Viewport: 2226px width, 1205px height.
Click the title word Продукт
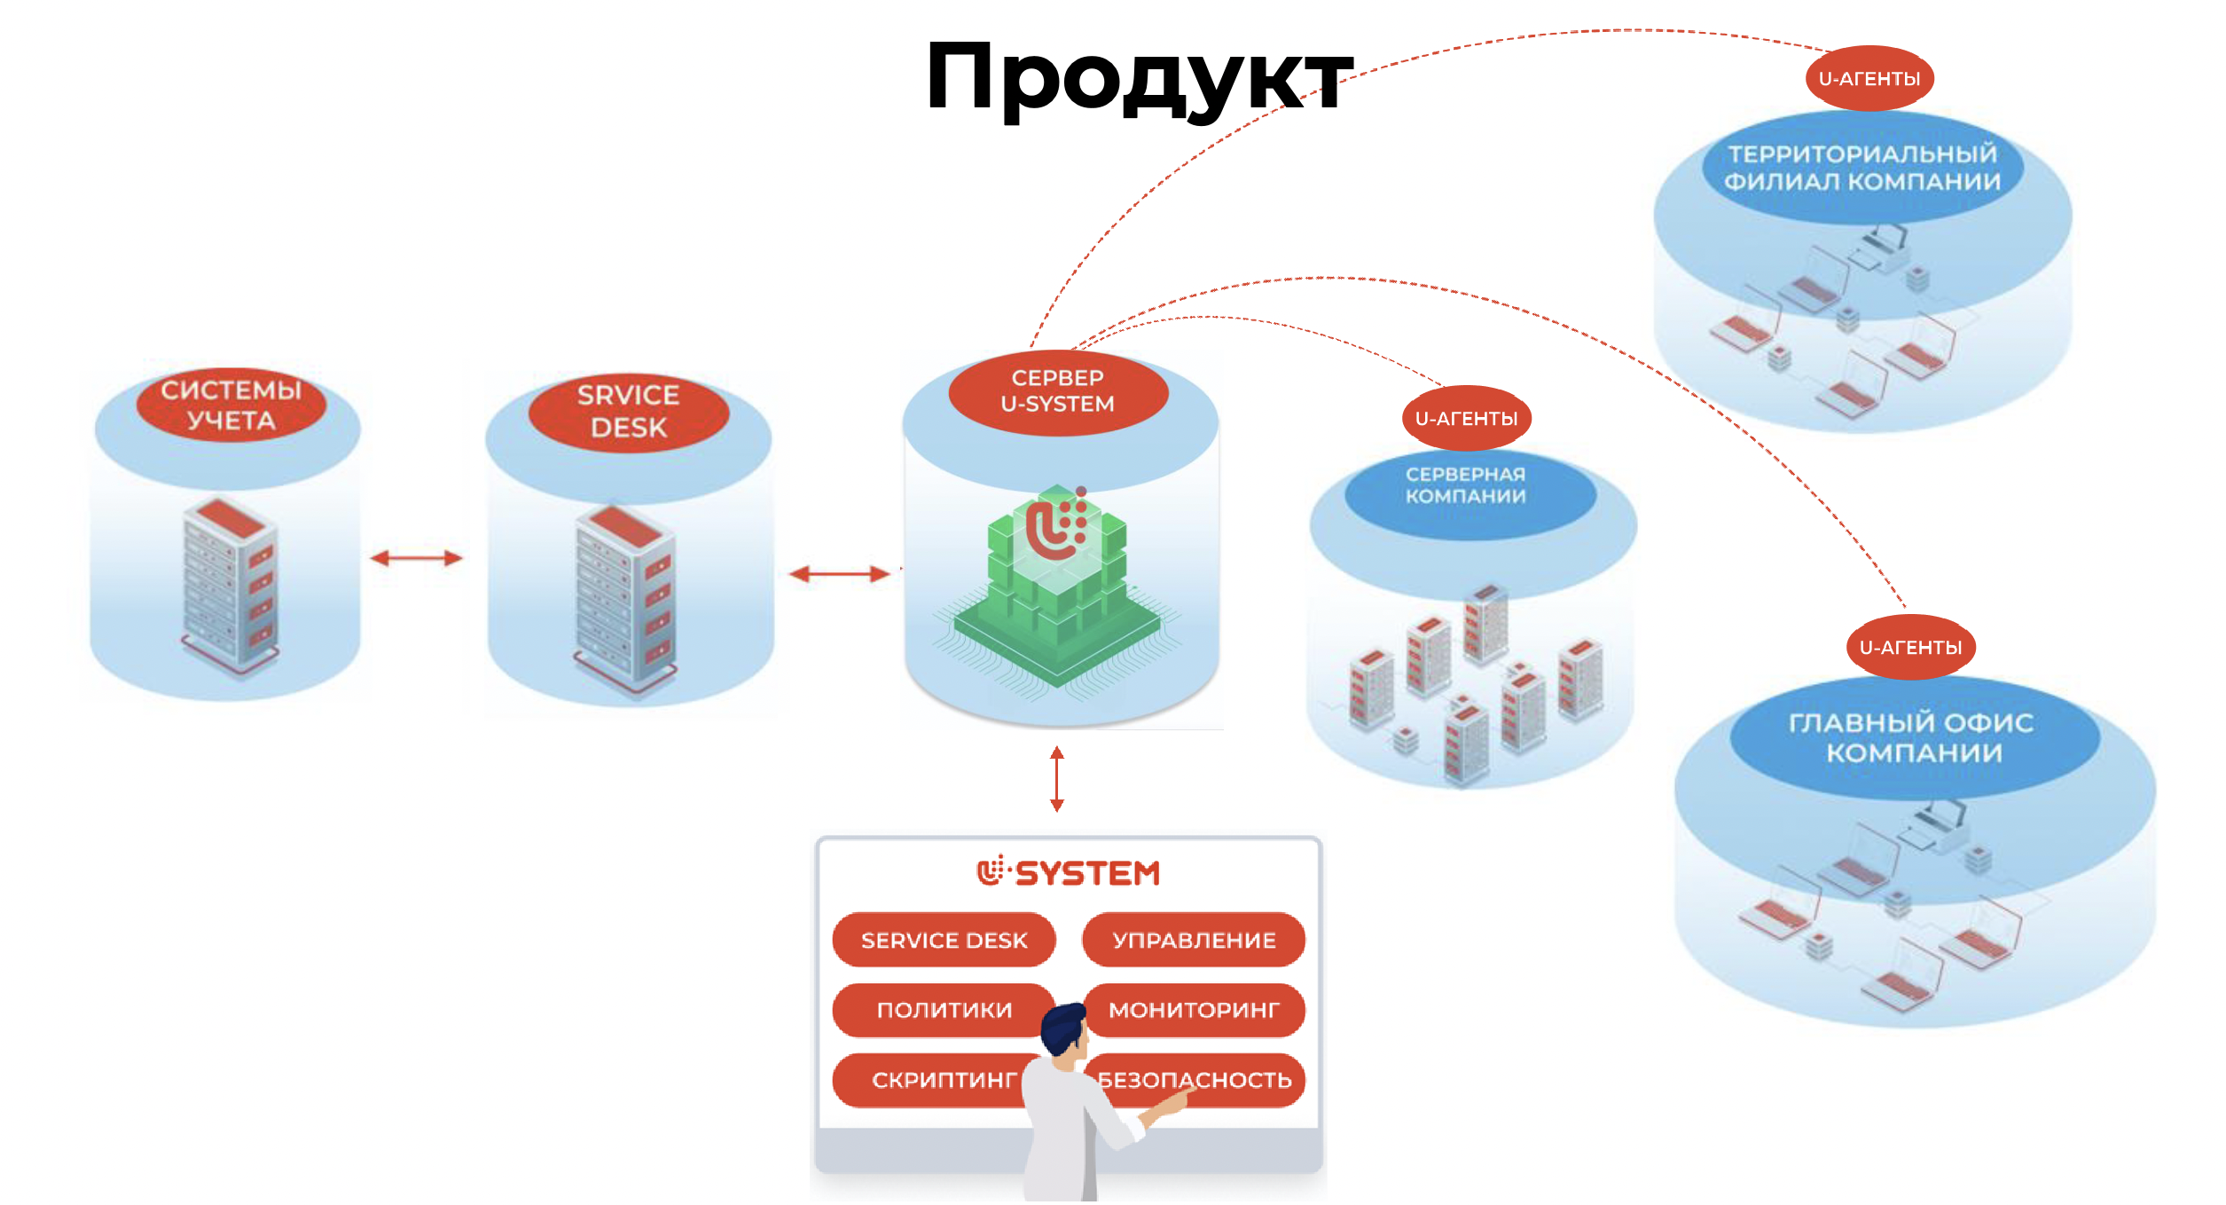click(1139, 78)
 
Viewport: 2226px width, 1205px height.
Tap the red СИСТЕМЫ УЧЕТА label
click(231, 405)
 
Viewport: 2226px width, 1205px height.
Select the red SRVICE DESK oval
click(629, 412)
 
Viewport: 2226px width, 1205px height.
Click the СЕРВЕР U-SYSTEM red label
click(1058, 391)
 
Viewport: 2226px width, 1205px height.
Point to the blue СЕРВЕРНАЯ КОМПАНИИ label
click(1467, 486)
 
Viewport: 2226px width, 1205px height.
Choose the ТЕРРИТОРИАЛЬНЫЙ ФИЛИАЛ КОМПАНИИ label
click(1862, 168)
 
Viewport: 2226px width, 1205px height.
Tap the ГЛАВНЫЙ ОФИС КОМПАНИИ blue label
click(1913, 737)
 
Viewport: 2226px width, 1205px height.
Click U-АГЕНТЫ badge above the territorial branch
click(1869, 79)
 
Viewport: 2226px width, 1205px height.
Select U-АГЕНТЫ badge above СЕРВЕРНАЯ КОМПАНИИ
click(1467, 419)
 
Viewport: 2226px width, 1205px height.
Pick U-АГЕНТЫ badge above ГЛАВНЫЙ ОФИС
click(1911, 648)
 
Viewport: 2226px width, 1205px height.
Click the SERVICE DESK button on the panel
click(944, 941)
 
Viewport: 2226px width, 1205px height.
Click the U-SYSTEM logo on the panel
click(1069, 873)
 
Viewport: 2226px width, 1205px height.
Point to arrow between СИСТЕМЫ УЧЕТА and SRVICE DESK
click(417, 558)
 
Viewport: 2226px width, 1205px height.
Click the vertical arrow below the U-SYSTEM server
click(1057, 779)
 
